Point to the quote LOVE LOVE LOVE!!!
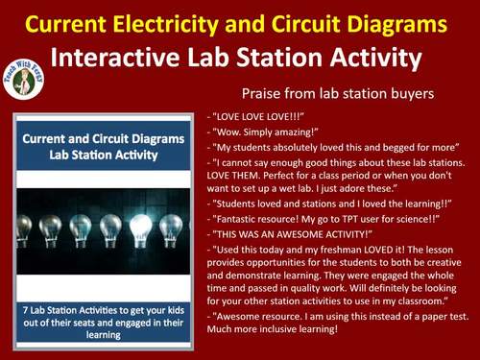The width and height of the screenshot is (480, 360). [255, 118]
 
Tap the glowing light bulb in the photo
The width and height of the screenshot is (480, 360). [140, 228]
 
